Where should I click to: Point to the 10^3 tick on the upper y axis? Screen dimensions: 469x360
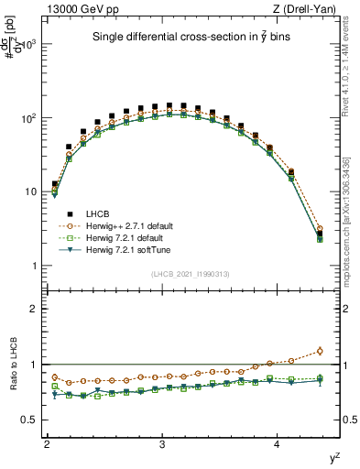point(33,45)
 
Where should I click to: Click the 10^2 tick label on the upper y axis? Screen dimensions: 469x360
point(33,118)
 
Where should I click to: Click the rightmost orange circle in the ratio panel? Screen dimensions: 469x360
point(320,350)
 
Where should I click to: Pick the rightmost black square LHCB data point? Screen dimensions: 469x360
point(320,235)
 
